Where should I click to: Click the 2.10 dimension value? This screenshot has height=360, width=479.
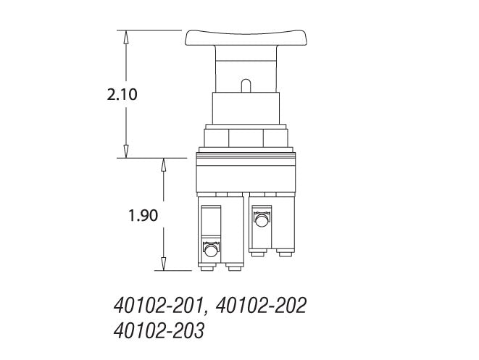point(122,94)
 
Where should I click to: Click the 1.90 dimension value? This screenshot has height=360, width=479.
point(143,214)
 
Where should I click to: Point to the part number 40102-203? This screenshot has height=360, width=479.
point(159,332)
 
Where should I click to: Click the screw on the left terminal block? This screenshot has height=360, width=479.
point(211,251)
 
